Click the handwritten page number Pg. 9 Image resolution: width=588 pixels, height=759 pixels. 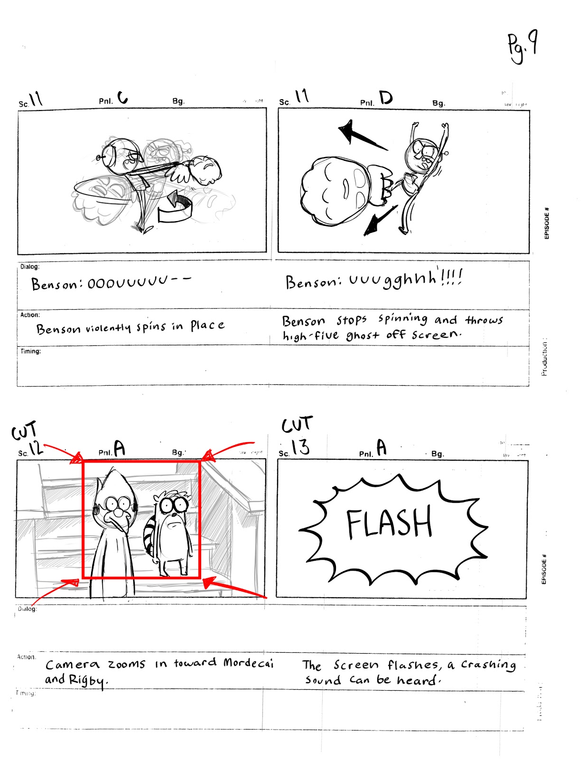coord(522,46)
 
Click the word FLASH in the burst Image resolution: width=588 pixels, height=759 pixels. coord(389,523)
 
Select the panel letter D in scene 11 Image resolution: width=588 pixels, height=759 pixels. coord(386,98)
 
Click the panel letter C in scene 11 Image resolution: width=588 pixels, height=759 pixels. coord(122,98)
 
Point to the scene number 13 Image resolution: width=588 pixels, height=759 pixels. coord(300,447)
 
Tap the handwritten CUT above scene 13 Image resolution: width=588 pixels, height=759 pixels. coord(297,424)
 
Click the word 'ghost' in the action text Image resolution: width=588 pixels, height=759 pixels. coord(363,335)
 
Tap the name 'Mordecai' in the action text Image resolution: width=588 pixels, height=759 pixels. coord(249,663)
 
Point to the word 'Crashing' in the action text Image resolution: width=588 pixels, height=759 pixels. coord(488,665)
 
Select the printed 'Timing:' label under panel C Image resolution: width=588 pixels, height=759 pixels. coord(30,352)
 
